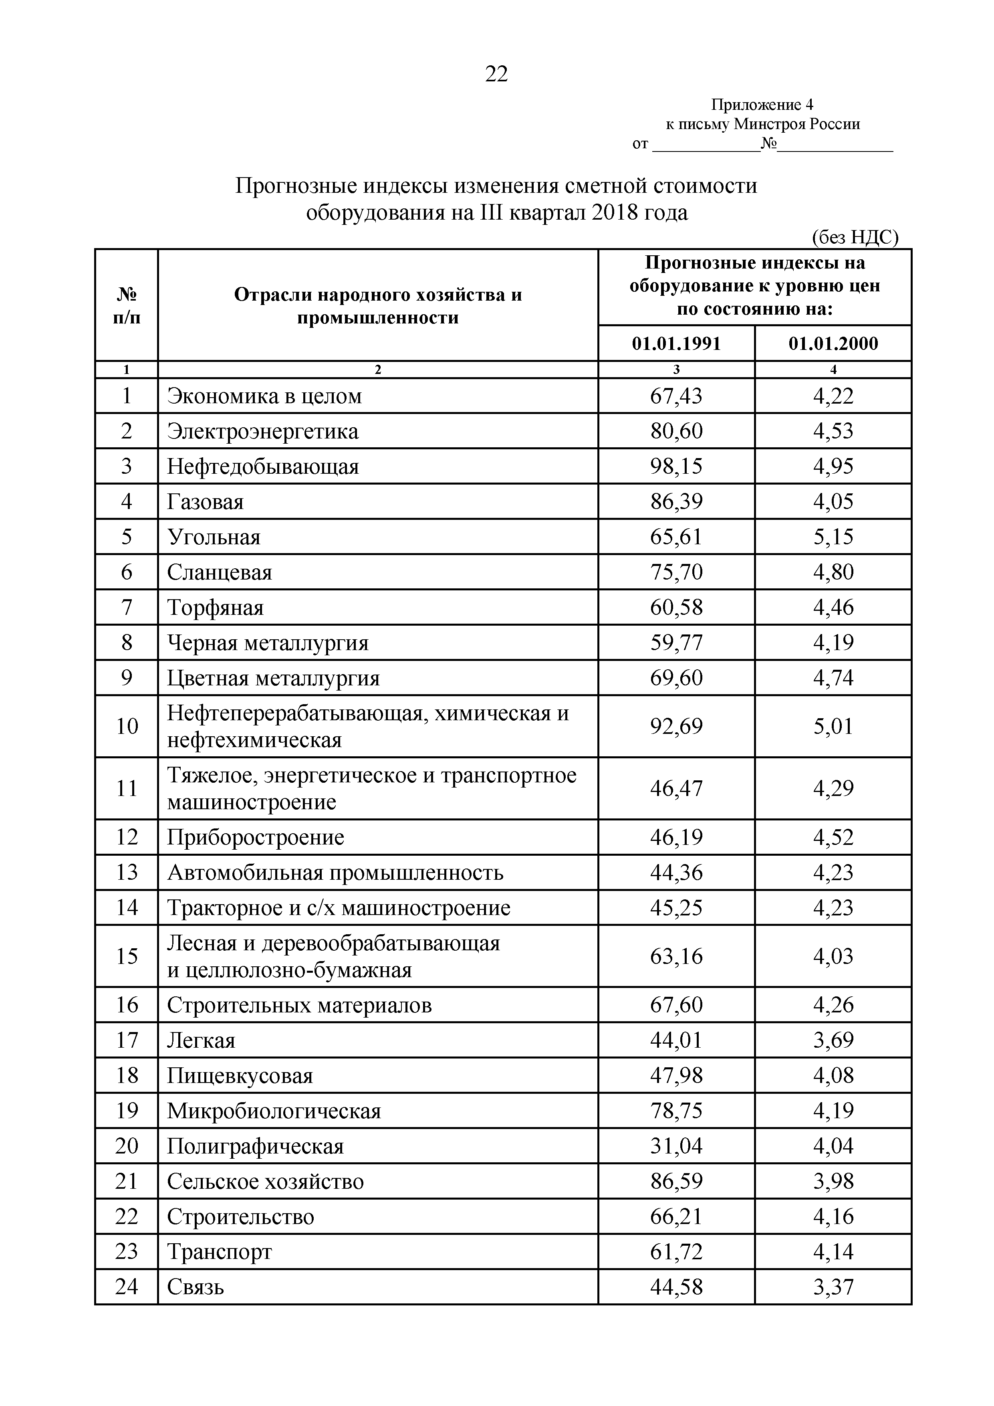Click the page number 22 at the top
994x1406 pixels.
tap(496, 74)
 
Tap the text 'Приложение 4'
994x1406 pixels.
tap(762, 105)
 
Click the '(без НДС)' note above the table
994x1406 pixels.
tap(855, 237)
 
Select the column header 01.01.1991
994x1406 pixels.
tap(676, 343)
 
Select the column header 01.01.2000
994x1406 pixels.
tap(833, 343)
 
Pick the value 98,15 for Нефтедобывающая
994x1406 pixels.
tap(676, 467)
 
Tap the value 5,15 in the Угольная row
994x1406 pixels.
tap(833, 537)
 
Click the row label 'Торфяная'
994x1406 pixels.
tap(216, 608)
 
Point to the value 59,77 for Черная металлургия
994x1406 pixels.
tap(676, 642)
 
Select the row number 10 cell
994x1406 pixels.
tap(127, 726)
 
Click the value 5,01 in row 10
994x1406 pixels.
tap(833, 726)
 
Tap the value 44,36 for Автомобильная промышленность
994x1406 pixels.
tap(676, 872)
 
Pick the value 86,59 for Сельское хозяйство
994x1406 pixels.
tap(676, 1181)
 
